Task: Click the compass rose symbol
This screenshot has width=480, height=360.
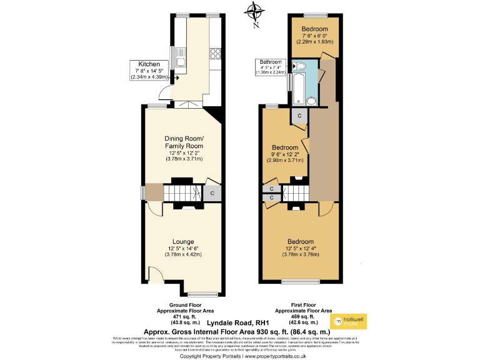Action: pyautogui.click(x=254, y=10)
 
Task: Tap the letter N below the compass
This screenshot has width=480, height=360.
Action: pyautogui.click(x=254, y=26)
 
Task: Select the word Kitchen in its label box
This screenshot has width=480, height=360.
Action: pyautogui.click(x=149, y=64)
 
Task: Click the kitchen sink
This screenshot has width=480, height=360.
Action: pyautogui.click(x=181, y=57)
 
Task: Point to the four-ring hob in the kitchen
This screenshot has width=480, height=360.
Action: pyautogui.click(x=215, y=53)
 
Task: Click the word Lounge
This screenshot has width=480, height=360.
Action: pyautogui.click(x=182, y=242)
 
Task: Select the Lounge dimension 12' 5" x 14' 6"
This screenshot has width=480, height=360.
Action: pyautogui.click(x=182, y=249)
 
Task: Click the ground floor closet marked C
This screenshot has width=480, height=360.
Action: pyautogui.click(x=213, y=194)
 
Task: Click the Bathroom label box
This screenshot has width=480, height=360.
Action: pyautogui.click(x=271, y=67)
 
